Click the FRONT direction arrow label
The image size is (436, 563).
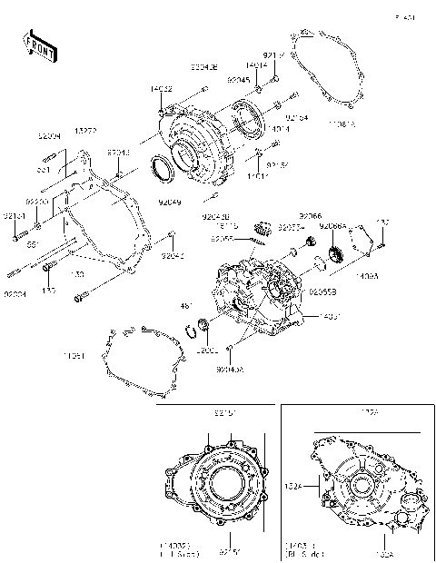[38, 46]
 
